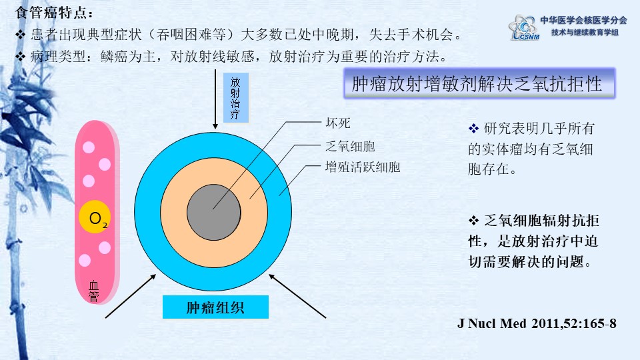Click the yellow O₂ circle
95,217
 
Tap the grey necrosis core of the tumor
214,212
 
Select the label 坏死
338,123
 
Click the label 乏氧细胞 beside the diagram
350,146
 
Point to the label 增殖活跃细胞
363,167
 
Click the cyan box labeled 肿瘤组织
215,307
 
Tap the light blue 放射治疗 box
235,98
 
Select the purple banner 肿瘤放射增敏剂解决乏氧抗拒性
479,84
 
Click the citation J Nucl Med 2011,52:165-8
537,324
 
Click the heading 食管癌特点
54,12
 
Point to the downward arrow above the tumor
215,99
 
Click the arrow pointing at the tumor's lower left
131,296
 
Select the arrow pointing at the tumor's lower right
297,296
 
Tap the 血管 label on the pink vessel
94,291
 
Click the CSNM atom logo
524,27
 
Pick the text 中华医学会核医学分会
584,20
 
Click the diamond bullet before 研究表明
473,129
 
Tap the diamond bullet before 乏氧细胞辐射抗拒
473,221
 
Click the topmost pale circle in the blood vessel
89,147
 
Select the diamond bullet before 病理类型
21,56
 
